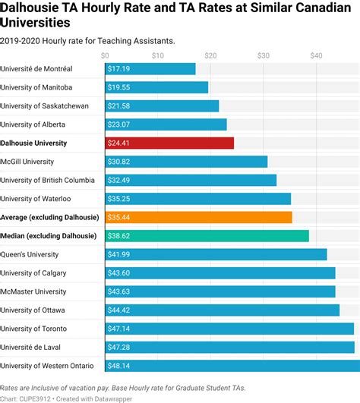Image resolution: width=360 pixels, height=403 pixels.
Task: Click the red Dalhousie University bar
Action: point(169,143)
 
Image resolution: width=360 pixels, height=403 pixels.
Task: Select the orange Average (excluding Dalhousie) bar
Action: point(198,217)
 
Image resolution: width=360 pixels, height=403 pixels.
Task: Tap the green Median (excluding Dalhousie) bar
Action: point(207,236)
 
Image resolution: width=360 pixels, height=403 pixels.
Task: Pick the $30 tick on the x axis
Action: point(263,55)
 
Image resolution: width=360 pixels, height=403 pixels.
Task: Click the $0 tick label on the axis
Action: point(105,55)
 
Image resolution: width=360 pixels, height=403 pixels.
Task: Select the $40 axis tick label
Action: point(316,55)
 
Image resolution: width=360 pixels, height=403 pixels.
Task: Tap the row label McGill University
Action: point(27,162)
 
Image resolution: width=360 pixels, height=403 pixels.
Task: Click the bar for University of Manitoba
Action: point(156,87)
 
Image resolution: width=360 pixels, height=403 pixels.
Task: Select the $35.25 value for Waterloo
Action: point(119,199)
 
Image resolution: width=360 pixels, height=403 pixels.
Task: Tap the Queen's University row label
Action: point(30,254)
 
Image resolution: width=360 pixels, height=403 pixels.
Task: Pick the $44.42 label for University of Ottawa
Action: point(119,310)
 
